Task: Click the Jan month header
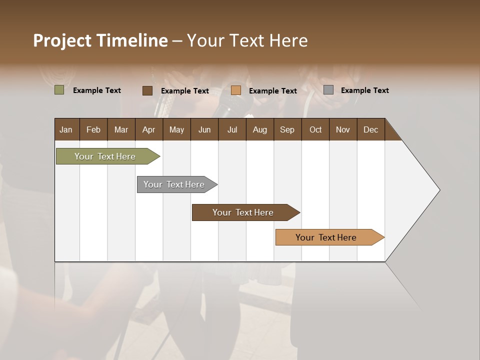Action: [66, 129]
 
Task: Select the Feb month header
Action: [93, 129]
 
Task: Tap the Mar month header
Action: [121, 129]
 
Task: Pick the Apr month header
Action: [148, 129]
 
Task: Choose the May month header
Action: [176, 129]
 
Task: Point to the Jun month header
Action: [204, 129]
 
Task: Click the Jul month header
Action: [232, 129]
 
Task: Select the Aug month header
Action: [259, 129]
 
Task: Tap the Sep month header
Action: [287, 129]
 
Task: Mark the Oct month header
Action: [315, 129]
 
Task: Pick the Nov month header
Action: [343, 129]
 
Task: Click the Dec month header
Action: [370, 129]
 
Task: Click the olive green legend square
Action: [59, 90]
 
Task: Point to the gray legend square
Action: [328, 90]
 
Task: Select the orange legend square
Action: [236, 90]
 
